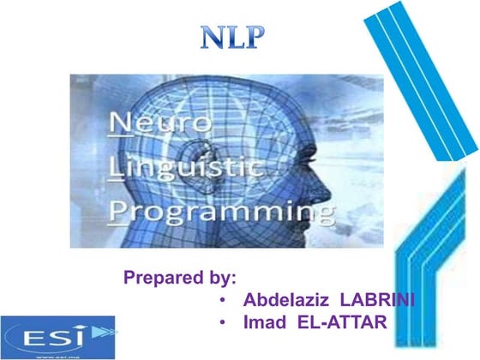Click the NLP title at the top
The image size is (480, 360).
[x=234, y=38]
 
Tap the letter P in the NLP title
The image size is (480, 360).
[x=255, y=38]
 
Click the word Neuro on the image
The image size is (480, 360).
[x=162, y=122]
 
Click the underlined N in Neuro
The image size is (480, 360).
[x=122, y=122]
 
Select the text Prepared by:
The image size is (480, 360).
[x=180, y=278]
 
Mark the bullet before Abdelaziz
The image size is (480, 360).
[x=222, y=302]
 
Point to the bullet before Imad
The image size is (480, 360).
[x=222, y=324]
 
